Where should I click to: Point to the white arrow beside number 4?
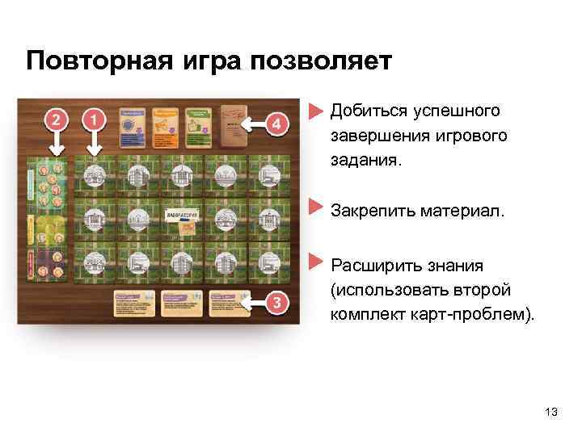(256, 124)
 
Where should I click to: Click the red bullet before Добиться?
(316, 110)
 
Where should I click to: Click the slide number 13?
(551, 413)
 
